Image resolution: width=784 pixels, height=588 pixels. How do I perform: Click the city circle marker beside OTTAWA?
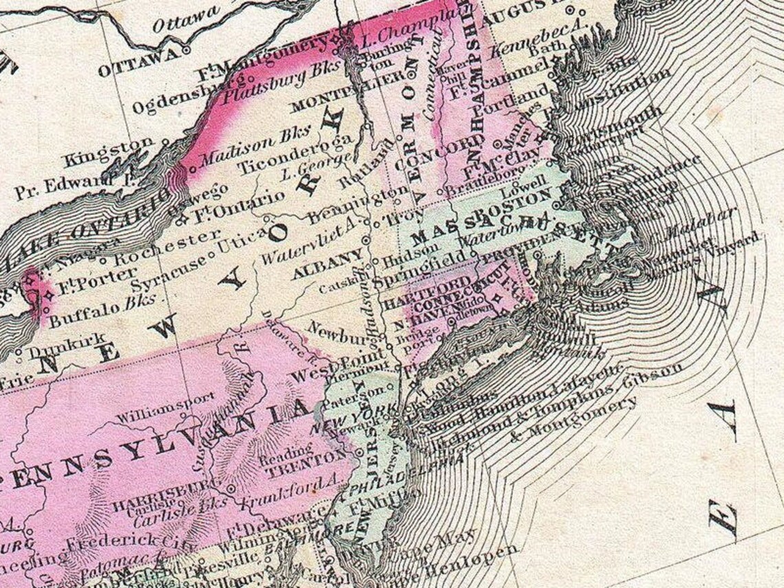coord(186,50)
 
